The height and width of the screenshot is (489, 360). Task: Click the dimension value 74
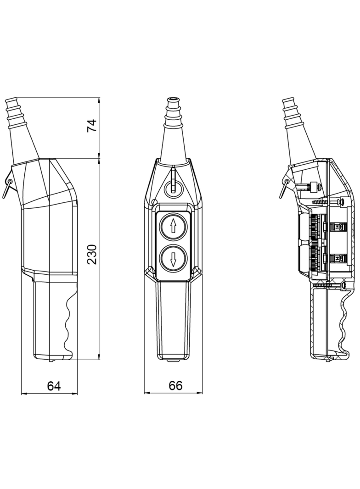(92, 126)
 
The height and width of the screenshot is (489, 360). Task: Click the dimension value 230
(92, 254)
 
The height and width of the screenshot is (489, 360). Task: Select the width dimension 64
(54, 386)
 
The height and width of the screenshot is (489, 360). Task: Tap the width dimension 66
(175, 386)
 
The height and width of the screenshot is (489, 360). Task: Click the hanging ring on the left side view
(7, 187)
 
